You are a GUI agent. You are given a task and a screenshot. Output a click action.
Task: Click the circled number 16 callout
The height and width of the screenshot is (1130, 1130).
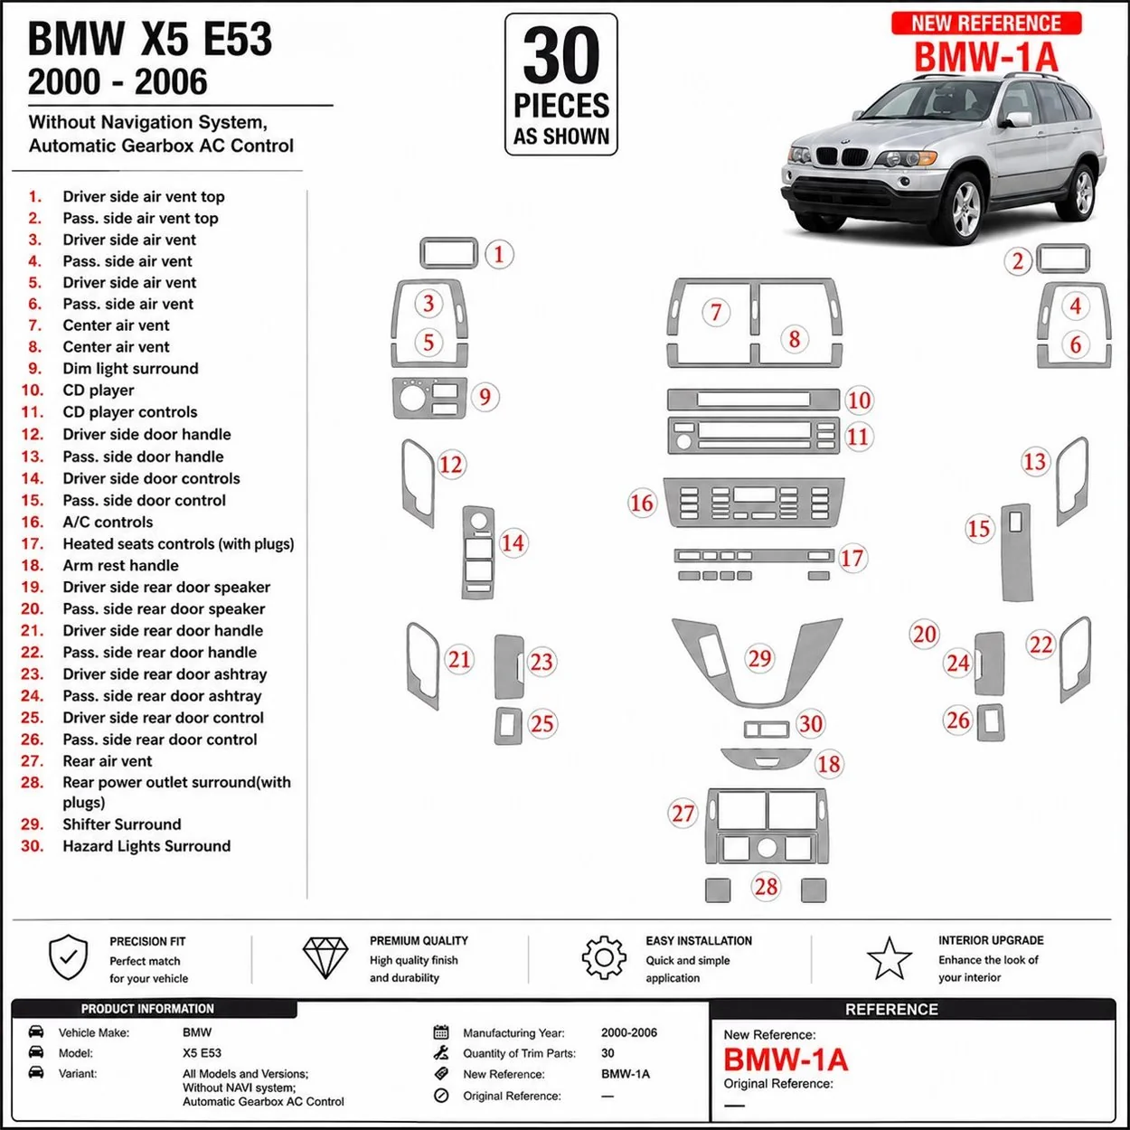[x=642, y=503]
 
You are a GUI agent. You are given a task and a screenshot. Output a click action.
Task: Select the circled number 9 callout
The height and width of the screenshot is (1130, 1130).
[x=485, y=397]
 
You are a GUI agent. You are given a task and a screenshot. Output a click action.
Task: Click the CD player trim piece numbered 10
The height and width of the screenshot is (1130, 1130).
[x=754, y=400]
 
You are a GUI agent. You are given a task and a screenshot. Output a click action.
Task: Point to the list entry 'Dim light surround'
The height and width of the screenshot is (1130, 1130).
[x=130, y=368]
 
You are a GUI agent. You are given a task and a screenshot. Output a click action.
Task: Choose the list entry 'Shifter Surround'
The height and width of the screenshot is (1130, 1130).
[x=122, y=824]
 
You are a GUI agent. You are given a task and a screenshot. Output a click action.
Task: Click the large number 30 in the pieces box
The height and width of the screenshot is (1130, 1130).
[x=561, y=56]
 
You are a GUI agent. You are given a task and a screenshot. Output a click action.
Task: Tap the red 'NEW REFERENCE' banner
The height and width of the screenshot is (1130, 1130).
[x=986, y=24]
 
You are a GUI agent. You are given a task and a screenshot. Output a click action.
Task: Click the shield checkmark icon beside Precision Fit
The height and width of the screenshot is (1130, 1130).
[x=69, y=957]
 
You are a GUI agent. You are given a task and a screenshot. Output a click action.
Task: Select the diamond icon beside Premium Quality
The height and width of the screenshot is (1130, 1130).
[x=325, y=957]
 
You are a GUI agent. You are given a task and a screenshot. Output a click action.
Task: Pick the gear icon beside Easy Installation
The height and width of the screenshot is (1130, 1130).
[x=604, y=957]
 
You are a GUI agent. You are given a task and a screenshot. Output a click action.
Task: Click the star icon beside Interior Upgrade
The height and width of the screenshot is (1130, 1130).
[x=890, y=958]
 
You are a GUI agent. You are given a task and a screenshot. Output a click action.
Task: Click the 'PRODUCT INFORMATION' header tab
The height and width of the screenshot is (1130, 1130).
[x=147, y=1009]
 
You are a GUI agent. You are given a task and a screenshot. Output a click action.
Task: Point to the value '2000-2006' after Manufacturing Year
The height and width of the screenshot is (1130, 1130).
[x=628, y=1032]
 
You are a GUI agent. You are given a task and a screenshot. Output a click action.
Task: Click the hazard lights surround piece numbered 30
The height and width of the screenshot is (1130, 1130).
[x=767, y=730]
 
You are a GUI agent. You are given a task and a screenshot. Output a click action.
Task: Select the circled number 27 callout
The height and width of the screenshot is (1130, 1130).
[x=683, y=814]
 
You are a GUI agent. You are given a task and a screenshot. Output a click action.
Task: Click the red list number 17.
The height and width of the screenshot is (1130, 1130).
[x=33, y=543]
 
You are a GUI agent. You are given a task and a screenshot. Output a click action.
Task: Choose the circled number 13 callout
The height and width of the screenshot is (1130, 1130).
[x=1034, y=462]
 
